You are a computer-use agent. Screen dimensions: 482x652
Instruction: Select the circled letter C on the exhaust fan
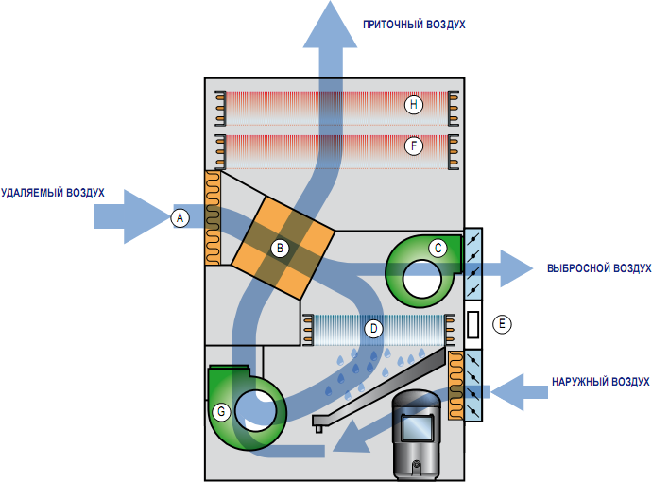pos(438,248)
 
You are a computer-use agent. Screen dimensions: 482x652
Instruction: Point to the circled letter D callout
pos(374,329)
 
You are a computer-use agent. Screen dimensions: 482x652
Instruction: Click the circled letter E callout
pos(503,323)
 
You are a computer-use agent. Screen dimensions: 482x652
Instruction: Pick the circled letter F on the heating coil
pos(412,146)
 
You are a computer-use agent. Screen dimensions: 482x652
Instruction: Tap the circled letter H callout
pos(412,105)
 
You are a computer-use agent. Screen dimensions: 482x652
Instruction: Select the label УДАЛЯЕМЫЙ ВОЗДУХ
pos(52,193)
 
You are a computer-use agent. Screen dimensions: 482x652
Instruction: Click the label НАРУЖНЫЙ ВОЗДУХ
pos(601,382)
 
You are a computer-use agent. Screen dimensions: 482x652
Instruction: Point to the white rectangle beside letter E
pos(474,324)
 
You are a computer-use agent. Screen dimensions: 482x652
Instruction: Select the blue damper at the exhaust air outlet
pos(474,264)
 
